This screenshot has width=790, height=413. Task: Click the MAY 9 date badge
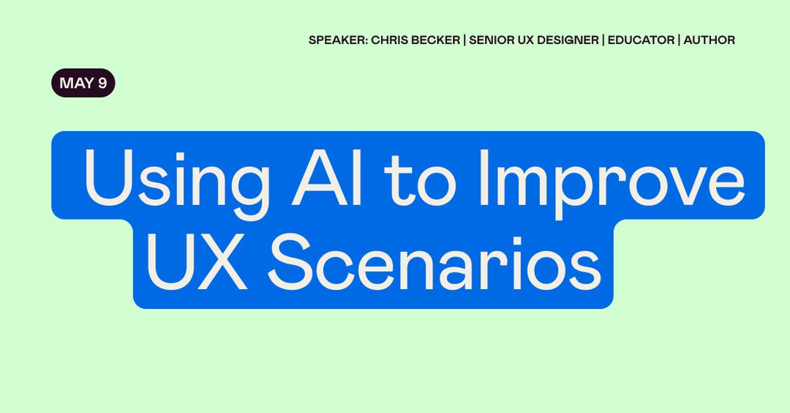point(83,83)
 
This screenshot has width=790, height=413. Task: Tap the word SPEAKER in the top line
point(336,40)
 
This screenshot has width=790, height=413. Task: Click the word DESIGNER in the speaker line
point(567,40)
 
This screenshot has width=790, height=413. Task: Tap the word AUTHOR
point(710,40)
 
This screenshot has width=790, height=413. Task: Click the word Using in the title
point(176,178)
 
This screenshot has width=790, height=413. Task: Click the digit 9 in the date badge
point(102,83)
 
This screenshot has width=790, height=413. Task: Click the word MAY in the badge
point(76,83)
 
